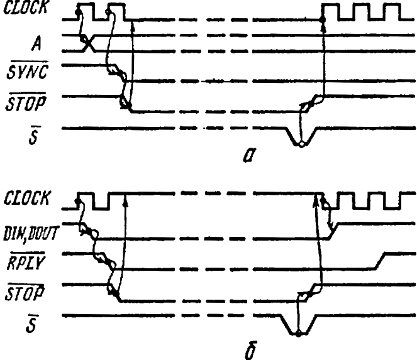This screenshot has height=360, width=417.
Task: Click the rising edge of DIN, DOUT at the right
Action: click(x=328, y=230)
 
